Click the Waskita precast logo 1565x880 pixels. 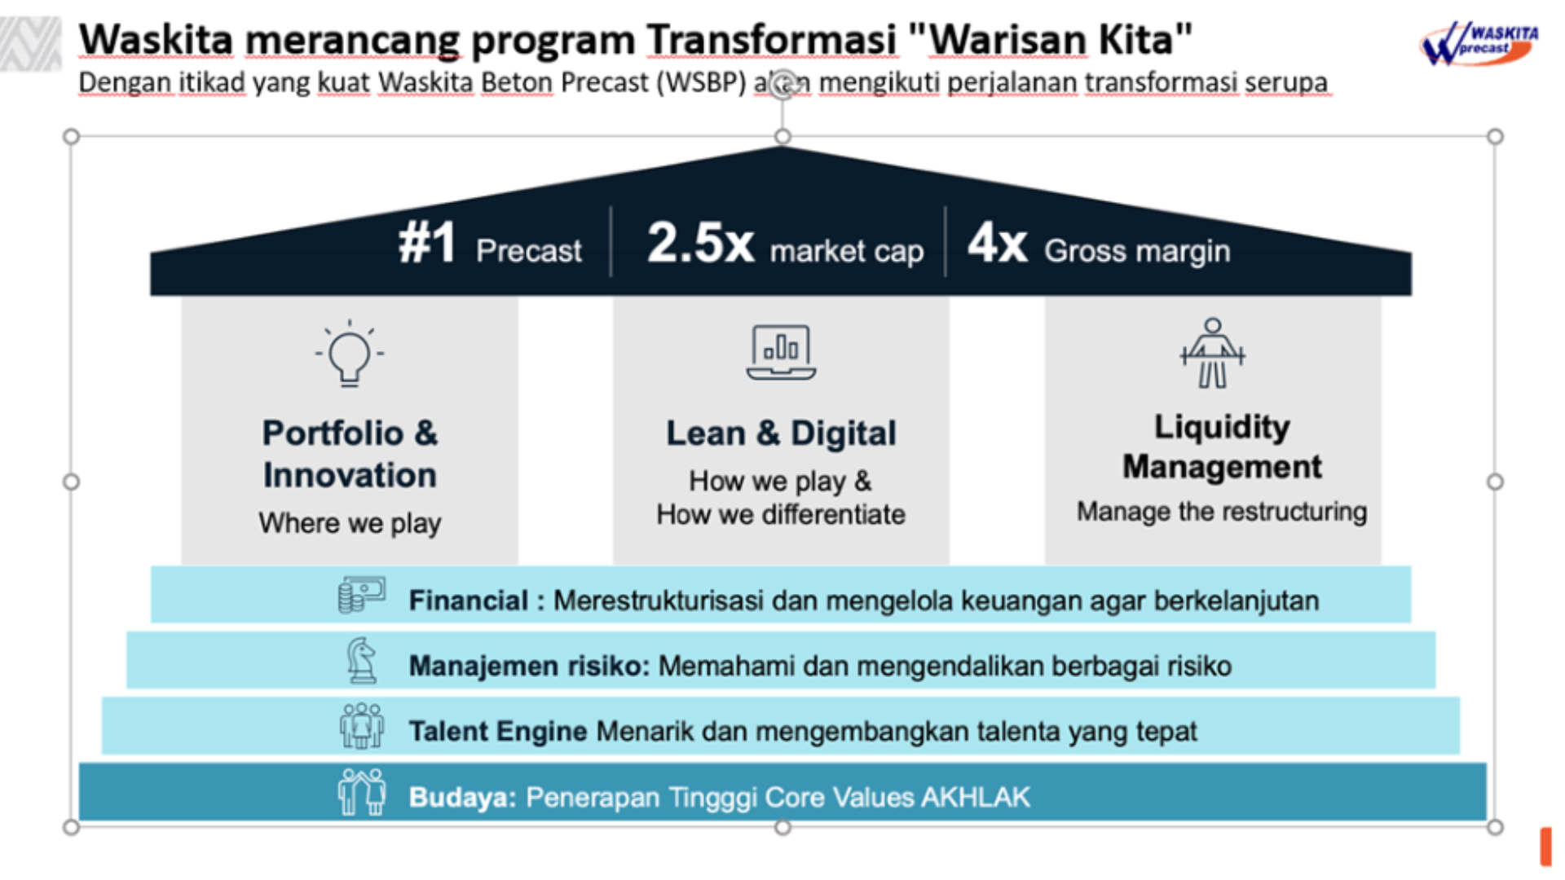point(1479,43)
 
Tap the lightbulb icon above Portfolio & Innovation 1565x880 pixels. point(350,353)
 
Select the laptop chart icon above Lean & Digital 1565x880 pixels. point(781,352)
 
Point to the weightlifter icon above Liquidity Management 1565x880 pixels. point(1213,353)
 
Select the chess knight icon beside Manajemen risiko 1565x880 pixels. point(362,660)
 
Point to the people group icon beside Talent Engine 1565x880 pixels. point(362,725)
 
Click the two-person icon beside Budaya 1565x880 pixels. point(362,791)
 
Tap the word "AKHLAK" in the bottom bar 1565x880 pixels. point(976,797)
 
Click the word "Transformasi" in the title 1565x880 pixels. point(772,40)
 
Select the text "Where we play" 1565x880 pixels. point(350,523)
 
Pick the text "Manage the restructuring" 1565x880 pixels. point(1222,512)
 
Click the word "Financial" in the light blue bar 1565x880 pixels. point(469,601)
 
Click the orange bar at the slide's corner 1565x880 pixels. point(1545,847)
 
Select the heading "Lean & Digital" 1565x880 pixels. point(781,433)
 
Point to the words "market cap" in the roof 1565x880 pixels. point(847,252)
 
